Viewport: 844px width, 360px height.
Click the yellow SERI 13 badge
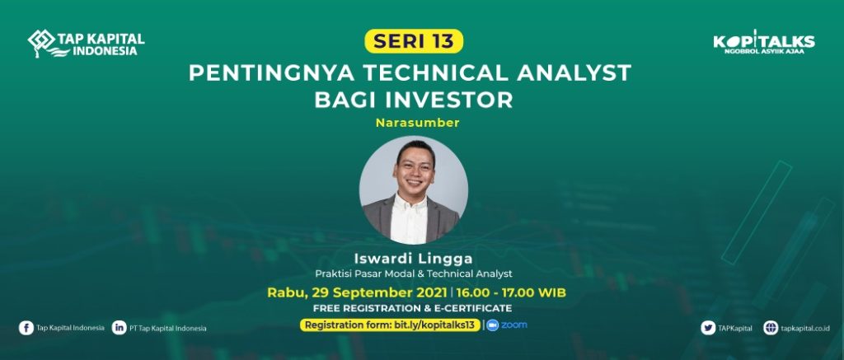(414, 41)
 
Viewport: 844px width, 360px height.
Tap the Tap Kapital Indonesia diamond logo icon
(42, 42)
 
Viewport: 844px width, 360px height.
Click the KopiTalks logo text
(764, 41)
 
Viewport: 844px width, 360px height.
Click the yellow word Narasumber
(418, 123)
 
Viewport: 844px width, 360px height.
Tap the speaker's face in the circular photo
(414, 169)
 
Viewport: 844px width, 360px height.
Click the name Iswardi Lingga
(414, 259)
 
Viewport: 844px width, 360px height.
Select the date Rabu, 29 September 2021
(357, 293)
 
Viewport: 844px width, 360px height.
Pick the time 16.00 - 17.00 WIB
(509, 293)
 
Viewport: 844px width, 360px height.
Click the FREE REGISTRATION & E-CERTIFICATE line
(412, 309)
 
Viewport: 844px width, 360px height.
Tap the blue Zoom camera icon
(492, 325)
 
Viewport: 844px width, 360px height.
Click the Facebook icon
(26, 328)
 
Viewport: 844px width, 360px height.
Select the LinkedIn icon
(119, 328)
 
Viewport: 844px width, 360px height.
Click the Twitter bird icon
(708, 328)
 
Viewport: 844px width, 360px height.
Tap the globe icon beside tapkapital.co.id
(771, 328)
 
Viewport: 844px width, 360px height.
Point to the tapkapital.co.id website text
(805, 328)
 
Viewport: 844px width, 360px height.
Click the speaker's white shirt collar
(411, 202)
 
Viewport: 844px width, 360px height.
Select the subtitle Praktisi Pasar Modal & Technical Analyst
(414, 274)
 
